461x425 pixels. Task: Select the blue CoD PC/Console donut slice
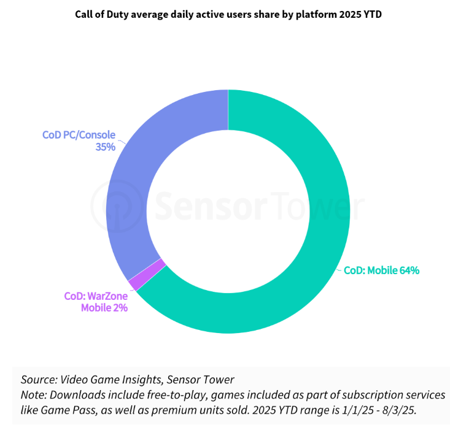pyautogui.click(x=132, y=184)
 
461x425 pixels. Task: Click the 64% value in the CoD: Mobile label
pyautogui.click(x=409, y=270)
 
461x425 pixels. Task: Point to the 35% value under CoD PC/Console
pyautogui.click(x=105, y=147)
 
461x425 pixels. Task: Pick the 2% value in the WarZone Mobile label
pyautogui.click(x=120, y=307)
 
